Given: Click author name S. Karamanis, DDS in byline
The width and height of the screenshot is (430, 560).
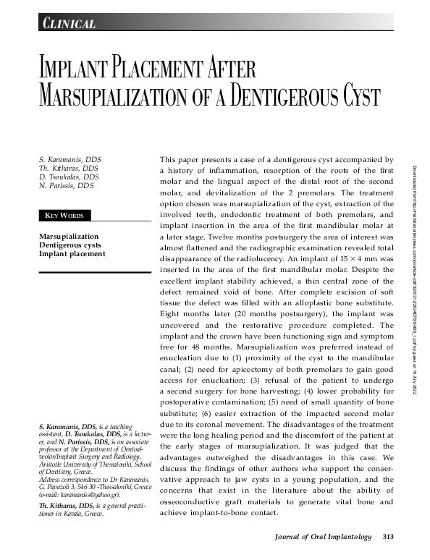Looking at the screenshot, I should [70, 158].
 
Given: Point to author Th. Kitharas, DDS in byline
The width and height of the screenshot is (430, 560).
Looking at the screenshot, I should [69, 168].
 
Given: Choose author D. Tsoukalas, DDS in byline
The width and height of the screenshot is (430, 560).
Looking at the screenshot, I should [69, 177].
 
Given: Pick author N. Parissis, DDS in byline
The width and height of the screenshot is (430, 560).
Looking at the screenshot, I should [67, 186].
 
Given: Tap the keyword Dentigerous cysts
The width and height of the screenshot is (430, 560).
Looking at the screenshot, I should [69, 245].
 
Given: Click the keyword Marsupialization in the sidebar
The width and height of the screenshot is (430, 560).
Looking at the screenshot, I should [68, 237].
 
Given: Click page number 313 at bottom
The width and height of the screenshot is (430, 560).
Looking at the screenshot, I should [388, 536].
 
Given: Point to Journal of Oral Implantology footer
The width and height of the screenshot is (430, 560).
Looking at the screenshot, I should [324, 536].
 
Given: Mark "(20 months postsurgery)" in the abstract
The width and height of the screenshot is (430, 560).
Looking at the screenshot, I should [245, 326].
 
